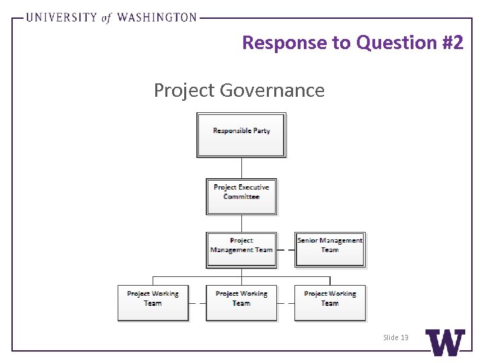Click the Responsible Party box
[x=241, y=134]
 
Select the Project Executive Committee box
[x=241, y=196]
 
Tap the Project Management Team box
[x=241, y=249]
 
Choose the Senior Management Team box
[x=330, y=249]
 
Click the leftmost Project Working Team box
[x=153, y=302]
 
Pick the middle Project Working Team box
[x=241, y=302]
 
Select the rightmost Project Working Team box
[x=330, y=302]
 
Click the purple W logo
[x=445, y=343]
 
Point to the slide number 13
[x=395, y=337]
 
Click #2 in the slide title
[x=452, y=42]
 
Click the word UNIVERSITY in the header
[x=61, y=17]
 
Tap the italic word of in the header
[x=106, y=18]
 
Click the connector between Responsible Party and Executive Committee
[x=241, y=167]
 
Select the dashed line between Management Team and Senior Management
[x=286, y=249]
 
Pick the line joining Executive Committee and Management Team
[x=241, y=223]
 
